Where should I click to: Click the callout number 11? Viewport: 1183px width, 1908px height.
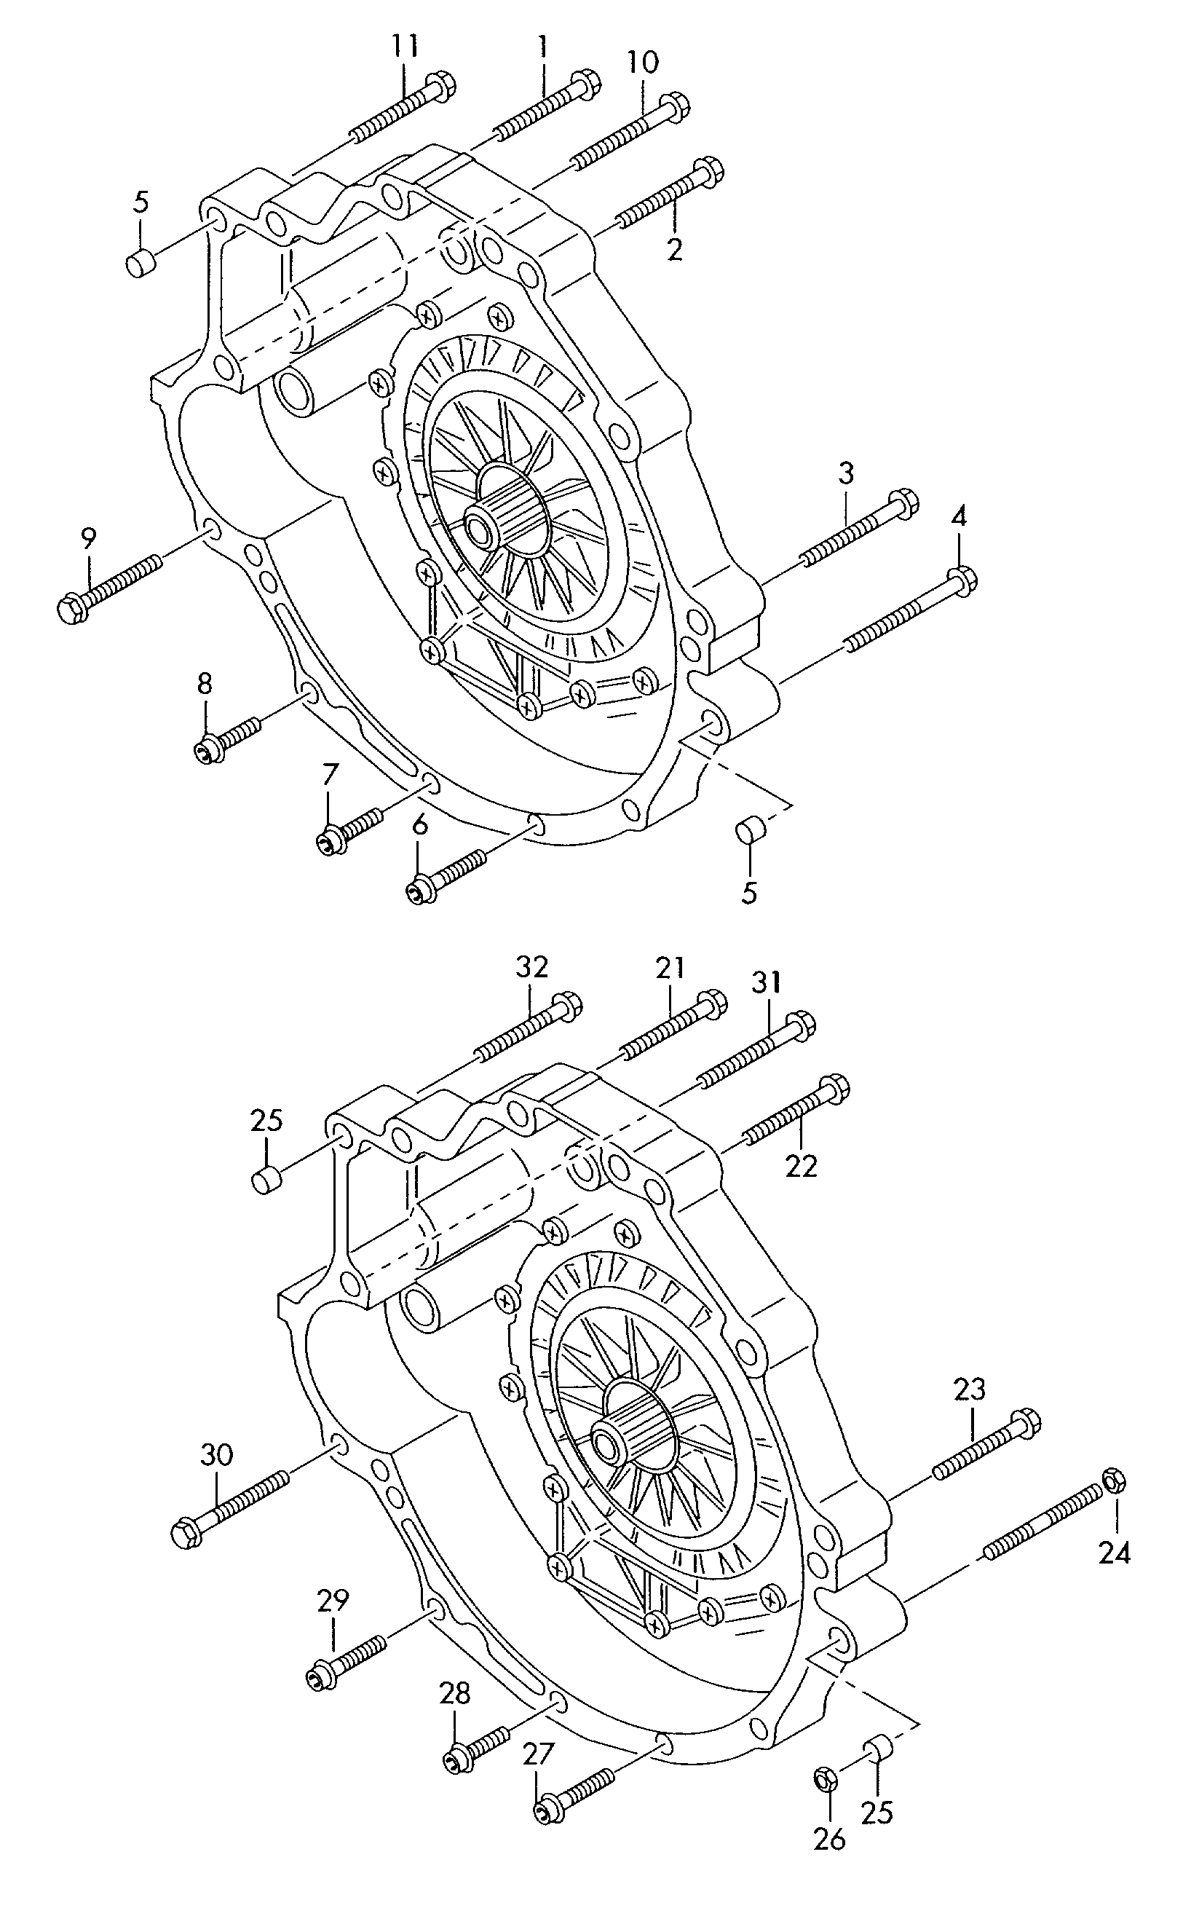coord(405,46)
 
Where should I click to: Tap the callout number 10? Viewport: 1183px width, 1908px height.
coord(643,62)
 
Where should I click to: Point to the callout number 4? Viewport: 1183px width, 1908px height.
coord(960,516)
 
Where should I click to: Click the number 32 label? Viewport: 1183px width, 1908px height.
coord(532,967)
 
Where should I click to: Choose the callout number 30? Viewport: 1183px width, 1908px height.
coord(217,1455)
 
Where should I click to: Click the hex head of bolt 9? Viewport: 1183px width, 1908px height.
coord(73,608)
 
